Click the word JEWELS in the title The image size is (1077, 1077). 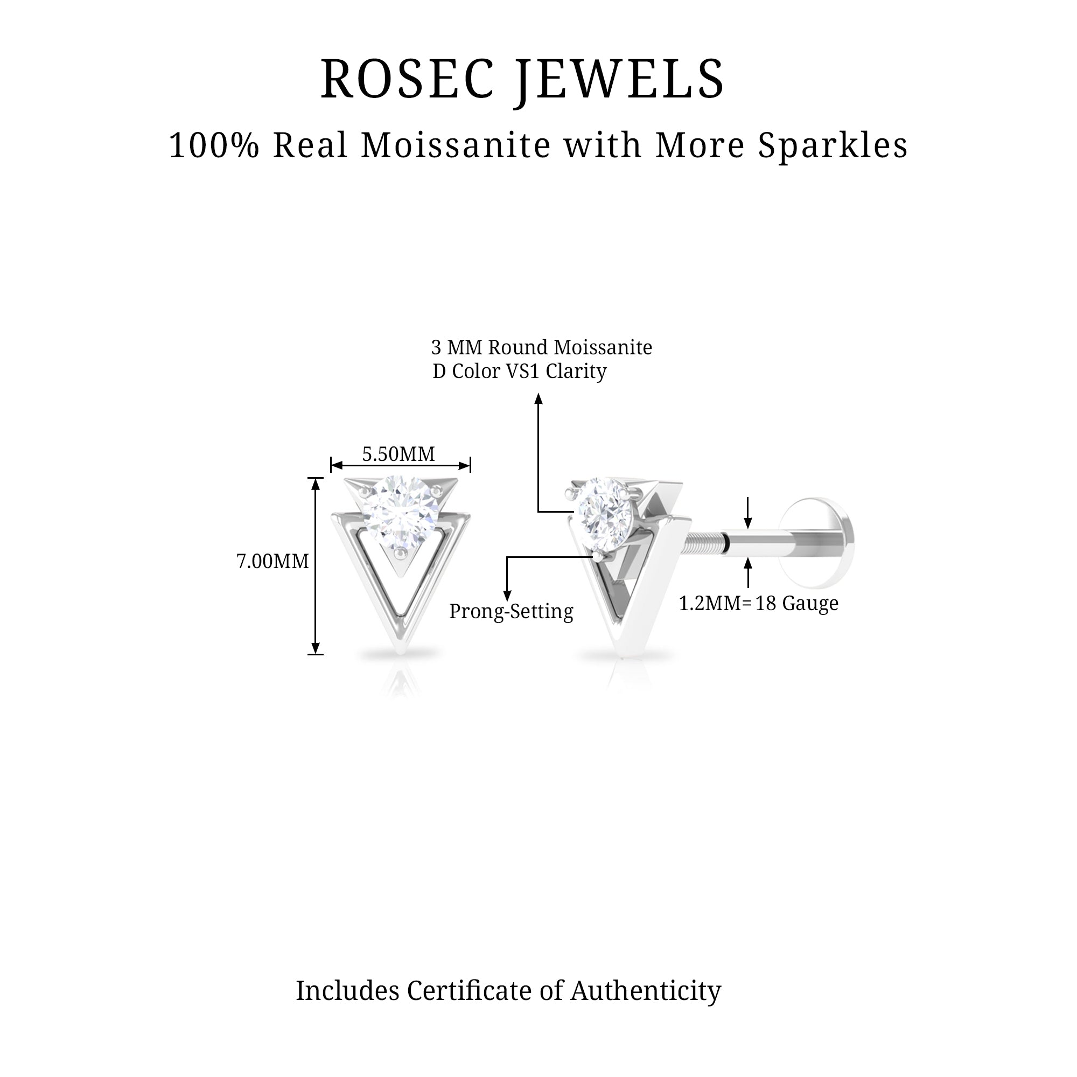pyautogui.click(x=620, y=79)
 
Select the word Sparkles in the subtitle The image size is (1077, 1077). pyautogui.click(x=833, y=145)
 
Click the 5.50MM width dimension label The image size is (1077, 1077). pyautogui.click(x=398, y=454)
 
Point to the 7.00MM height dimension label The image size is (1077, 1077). pyautogui.click(x=272, y=561)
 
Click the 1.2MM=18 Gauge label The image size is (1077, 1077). pyautogui.click(x=758, y=603)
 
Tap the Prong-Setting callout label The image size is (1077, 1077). pyautogui.click(x=511, y=612)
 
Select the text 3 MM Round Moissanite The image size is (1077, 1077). pyautogui.click(x=541, y=348)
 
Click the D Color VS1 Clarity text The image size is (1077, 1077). pyautogui.click(x=519, y=371)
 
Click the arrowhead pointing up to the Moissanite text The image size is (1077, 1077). pyautogui.click(x=538, y=398)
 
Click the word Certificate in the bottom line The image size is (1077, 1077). pyautogui.click(x=470, y=991)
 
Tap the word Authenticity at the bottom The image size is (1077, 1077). pyautogui.click(x=646, y=991)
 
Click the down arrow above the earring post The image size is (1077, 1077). pyautogui.click(x=748, y=521)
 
